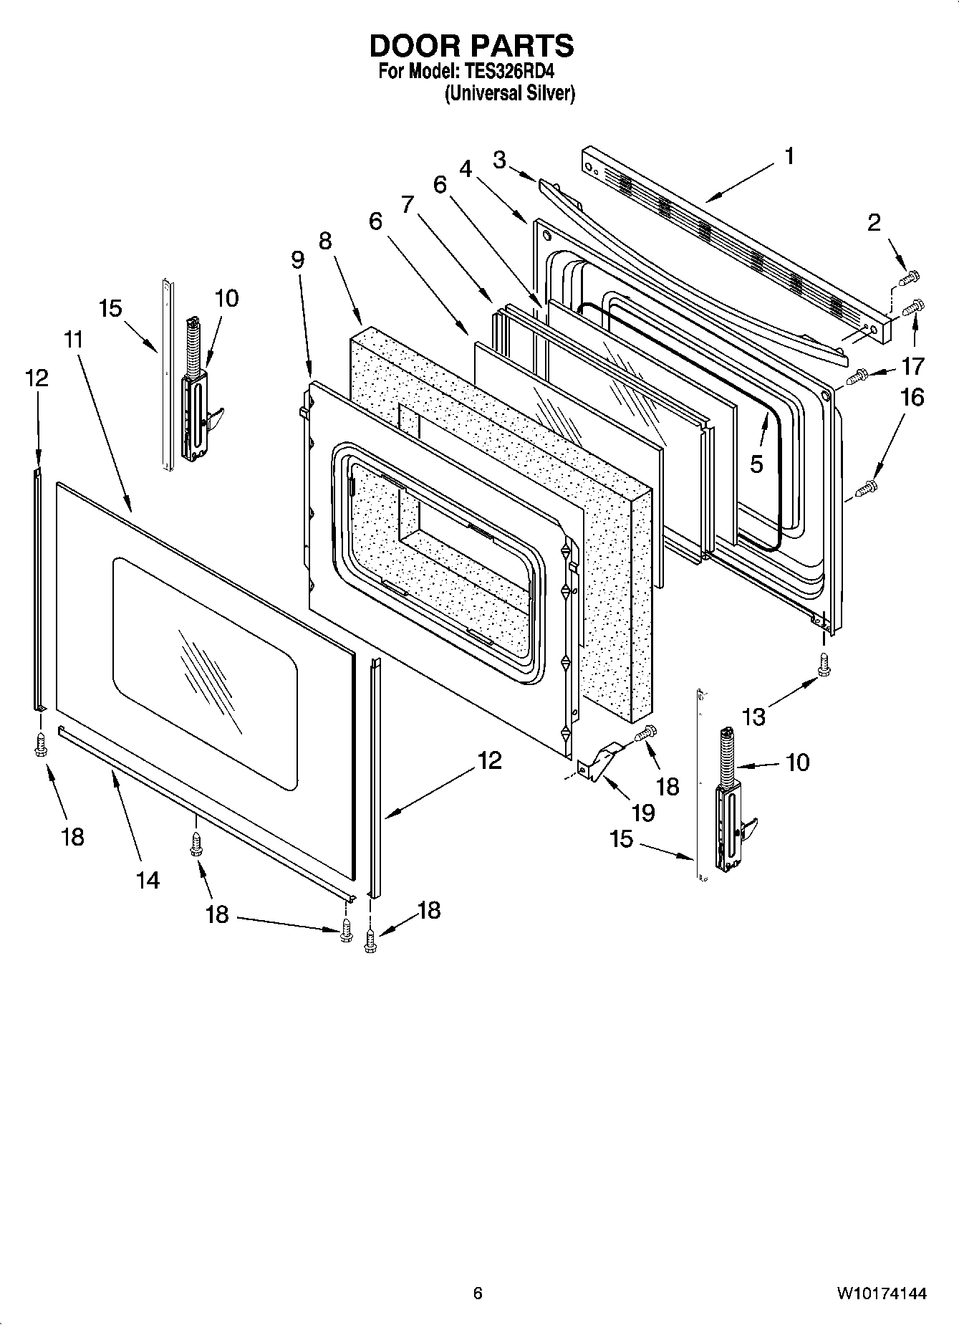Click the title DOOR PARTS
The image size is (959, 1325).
(471, 46)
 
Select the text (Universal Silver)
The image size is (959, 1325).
(509, 93)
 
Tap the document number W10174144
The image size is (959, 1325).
(880, 1293)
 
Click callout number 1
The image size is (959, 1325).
(789, 156)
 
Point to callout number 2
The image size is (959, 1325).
(874, 223)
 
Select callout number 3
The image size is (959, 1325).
(499, 159)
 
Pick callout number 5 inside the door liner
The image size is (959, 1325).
(757, 464)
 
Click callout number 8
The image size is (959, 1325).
(325, 241)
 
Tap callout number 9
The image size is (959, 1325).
(298, 259)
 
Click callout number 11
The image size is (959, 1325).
(73, 340)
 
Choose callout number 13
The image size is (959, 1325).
(754, 716)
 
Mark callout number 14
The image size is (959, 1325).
(148, 879)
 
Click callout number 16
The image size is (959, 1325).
(912, 397)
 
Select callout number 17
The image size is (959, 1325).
(912, 366)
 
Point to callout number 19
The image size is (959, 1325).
(643, 812)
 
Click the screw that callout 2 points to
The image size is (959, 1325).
(911, 276)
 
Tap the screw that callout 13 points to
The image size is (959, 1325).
(824, 664)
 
